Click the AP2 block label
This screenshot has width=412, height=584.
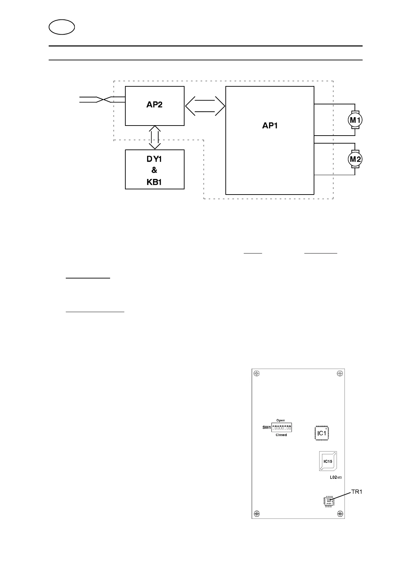tap(154, 105)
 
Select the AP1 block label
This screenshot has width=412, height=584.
tap(270, 126)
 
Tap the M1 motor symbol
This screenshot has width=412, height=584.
tap(355, 120)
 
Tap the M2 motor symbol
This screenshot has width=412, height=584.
tap(355, 159)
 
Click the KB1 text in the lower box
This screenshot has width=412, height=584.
tap(154, 182)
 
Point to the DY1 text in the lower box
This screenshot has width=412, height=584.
tap(154, 159)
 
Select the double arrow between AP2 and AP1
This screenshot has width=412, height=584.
tap(205, 105)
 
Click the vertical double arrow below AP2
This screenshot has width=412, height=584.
tap(154, 137)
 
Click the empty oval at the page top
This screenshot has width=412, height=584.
tap(62, 27)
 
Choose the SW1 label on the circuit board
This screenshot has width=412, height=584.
tap(266, 427)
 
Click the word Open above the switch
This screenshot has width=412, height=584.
tap(280, 420)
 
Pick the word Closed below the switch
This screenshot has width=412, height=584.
tap(281, 435)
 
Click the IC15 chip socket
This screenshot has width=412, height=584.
tap(328, 461)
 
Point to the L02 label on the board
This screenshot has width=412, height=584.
tap(333, 478)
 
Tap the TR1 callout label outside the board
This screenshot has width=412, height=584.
tap(357, 492)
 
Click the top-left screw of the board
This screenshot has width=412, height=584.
tap(257, 373)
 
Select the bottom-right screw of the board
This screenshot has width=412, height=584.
tap(340, 514)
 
